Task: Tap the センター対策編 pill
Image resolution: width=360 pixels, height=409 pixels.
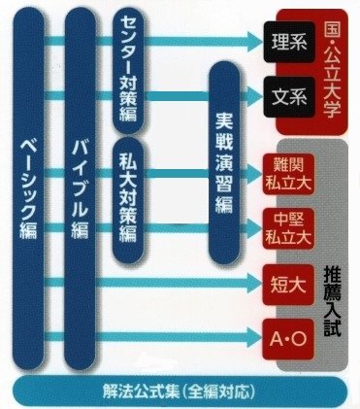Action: pos(132,73)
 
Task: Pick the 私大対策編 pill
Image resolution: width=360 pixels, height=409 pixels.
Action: pos(132,204)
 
